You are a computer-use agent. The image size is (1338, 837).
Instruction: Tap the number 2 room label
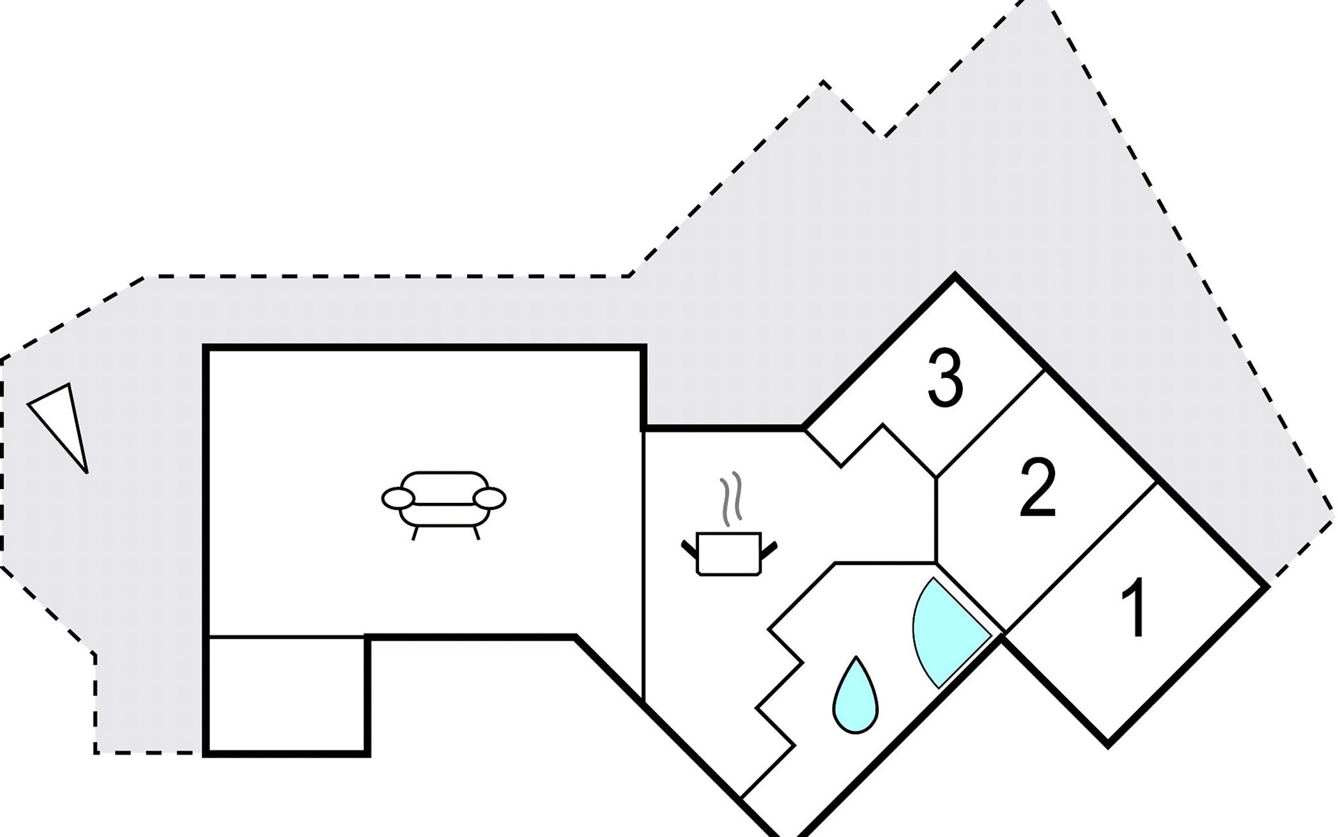pyautogui.click(x=1038, y=490)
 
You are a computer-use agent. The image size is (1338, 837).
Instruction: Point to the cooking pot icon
pyautogui.click(x=729, y=554)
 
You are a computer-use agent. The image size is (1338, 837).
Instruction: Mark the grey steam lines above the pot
pyautogui.click(x=730, y=499)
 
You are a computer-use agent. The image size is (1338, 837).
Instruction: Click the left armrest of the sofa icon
pyautogui.click(x=397, y=499)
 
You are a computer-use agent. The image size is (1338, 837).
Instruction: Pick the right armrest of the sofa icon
pyautogui.click(x=489, y=499)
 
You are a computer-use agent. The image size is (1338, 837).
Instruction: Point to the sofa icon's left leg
pyautogui.click(x=415, y=534)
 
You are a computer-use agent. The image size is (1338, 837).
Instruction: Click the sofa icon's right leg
pyautogui.click(x=476, y=534)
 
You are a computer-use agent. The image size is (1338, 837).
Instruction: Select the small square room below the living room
pyautogui.click(x=286, y=693)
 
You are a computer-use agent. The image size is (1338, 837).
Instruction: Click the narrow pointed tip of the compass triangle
pyautogui.click(x=85, y=469)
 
